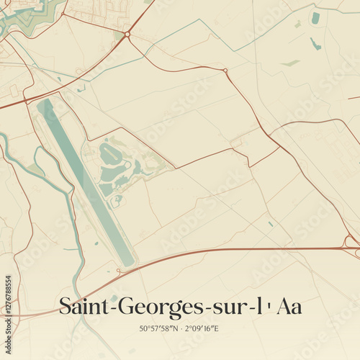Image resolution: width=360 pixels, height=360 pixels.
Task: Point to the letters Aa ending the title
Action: [x=287, y=307]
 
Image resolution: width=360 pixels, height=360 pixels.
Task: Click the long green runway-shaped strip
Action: [x=86, y=181]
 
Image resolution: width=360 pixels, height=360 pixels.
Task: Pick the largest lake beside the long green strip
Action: [x=110, y=153]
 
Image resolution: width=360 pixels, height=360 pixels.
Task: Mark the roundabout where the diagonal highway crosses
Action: [x=127, y=34]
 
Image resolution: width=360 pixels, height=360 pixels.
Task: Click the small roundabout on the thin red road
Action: [x=225, y=71]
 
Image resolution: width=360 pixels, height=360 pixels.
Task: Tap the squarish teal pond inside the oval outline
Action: [x=315, y=18]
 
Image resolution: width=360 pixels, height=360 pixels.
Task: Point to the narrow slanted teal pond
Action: [x=315, y=44]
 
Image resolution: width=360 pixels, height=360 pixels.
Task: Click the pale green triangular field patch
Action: [x=290, y=63]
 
